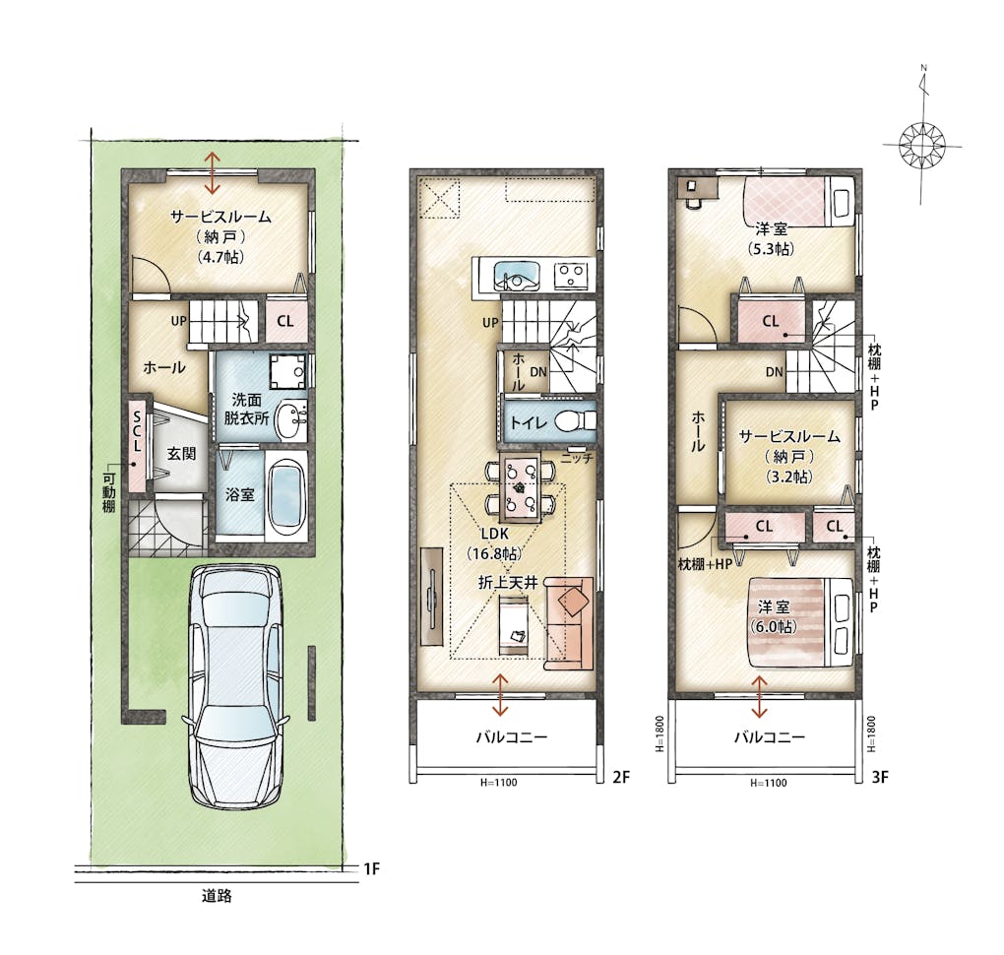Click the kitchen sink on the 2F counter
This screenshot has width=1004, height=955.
pyautogui.click(x=518, y=277)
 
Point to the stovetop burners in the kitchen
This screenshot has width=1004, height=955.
pyautogui.click(x=571, y=277)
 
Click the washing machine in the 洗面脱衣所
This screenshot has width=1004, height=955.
pyautogui.click(x=288, y=370)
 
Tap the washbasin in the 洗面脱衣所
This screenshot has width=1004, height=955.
pyautogui.click(x=293, y=419)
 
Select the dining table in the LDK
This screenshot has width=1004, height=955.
pyautogui.click(x=522, y=488)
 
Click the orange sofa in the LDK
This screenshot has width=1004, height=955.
pyautogui.click(x=569, y=622)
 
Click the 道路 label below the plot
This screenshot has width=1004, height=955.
pyautogui.click(x=218, y=895)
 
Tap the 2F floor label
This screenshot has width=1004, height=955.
pyautogui.click(x=621, y=777)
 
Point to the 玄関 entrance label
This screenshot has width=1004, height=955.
pyautogui.click(x=181, y=454)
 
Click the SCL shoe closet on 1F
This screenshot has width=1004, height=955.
pyautogui.click(x=137, y=446)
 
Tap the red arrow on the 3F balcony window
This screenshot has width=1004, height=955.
pyautogui.click(x=760, y=697)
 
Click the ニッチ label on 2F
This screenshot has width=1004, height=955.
pyautogui.click(x=577, y=459)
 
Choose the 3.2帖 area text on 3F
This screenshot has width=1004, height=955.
pyautogui.click(x=788, y=477)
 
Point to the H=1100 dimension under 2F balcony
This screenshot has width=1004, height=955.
pyautogui.click(x=498, y=782)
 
